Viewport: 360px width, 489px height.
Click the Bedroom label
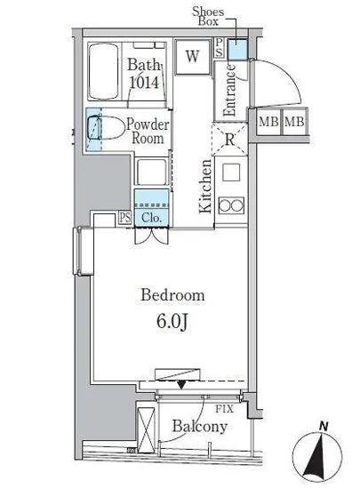coord(172,294)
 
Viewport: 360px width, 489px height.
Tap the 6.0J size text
coord(172,322)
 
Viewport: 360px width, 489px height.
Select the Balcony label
coord(200,427)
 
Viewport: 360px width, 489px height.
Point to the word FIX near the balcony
coord(224,409)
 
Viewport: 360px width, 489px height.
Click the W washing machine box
coord(192,57)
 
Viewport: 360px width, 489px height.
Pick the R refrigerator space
coord(229,139)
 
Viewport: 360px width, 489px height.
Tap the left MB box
coord(268,121)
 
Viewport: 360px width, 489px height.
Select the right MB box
coord(294,121)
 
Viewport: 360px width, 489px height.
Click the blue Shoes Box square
coord(237,49)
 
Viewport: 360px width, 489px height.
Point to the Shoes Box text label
coord(208,16)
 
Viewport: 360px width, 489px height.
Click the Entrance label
coord(229,90)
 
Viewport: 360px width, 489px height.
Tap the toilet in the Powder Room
coord(104,127)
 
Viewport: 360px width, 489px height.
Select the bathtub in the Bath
coord(104,71)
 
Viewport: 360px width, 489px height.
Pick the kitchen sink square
coord(231,172)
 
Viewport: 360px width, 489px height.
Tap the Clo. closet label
coord(151,217)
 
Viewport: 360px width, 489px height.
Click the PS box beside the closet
coord(125,218)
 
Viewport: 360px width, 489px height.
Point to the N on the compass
coord(324,426)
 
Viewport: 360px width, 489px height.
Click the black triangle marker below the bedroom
coord(181,385)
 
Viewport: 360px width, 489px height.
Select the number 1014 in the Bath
coord(144,83)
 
